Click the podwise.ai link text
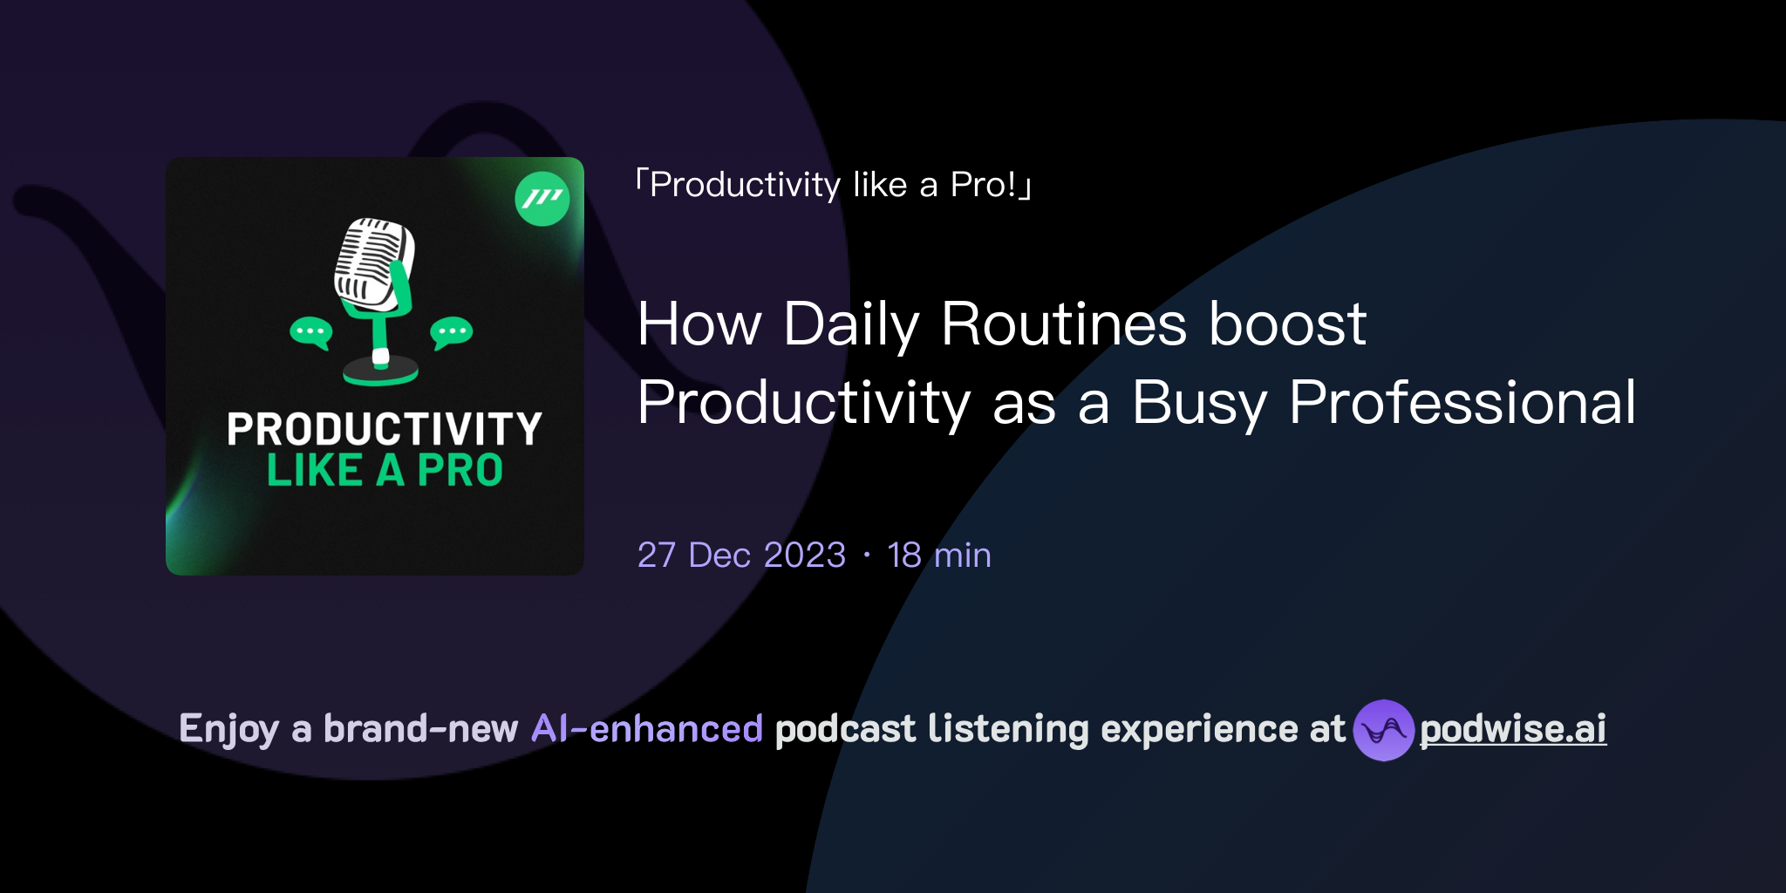pyautogui.click(x=1512, y=729)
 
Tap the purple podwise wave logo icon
pyautogui.click(x=1383, y=730)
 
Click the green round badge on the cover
pyautogui.click(x=542, y=199)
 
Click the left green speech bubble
pyautogui.click(x=310, y=332)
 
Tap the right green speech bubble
pyautogui.click(x=451, y=332)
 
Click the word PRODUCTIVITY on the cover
pyautogui.click(x=384, y=429)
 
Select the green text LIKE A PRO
pyautogui.click(x=384, y=471)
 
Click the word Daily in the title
pyautogui.click(x=851, y=324)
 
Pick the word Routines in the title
pyautogui.click(x=1064, y=324)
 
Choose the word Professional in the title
pyautogui.click(x=1462, y=403)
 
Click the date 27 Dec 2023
pyautogui.click(x=741, y=556)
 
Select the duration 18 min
pyautogui.click(x=938, y=556)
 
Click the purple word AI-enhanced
pyautogui.click(x=647, y=729)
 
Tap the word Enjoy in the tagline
pyautogui.click(x=228, y=730)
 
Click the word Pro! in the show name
pyautogui.click(x=984, y=185)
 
